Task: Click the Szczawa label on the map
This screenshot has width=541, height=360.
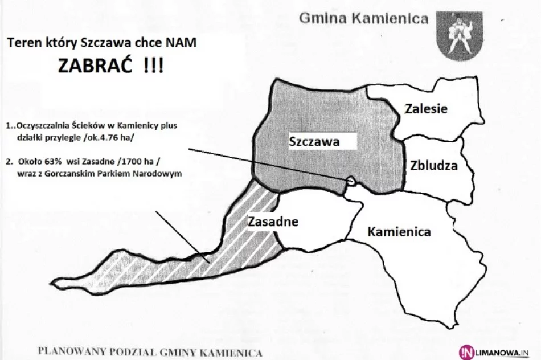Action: coord(314,142)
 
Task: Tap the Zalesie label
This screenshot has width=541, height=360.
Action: coord(427,109)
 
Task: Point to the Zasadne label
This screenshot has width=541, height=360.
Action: coord(273,221)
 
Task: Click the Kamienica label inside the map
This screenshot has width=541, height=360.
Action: coord(399,232)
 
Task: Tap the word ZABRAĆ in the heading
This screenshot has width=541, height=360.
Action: coord(93,66)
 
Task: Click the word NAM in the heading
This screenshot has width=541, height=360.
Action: coord(187,43)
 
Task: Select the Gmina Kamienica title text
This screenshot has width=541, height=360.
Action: coord(364,19)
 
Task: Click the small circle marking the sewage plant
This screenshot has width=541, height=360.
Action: coord(351,181)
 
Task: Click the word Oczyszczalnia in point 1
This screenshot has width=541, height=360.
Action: coord(42,126)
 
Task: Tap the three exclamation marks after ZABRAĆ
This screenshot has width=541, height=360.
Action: coord(153,66)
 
